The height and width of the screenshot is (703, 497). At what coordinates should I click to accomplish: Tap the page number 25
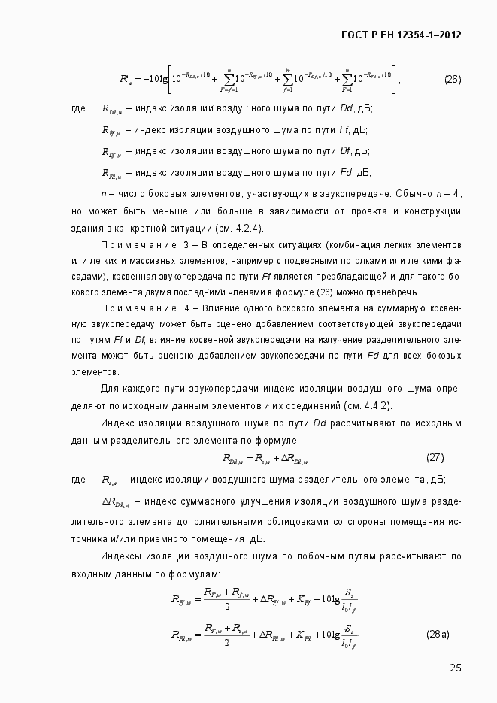click(455, 668)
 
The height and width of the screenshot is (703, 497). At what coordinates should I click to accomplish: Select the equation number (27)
click(435, 457)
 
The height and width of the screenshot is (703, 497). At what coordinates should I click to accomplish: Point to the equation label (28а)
click(438, 635)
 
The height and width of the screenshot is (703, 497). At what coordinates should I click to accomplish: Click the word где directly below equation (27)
click(78, 480)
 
